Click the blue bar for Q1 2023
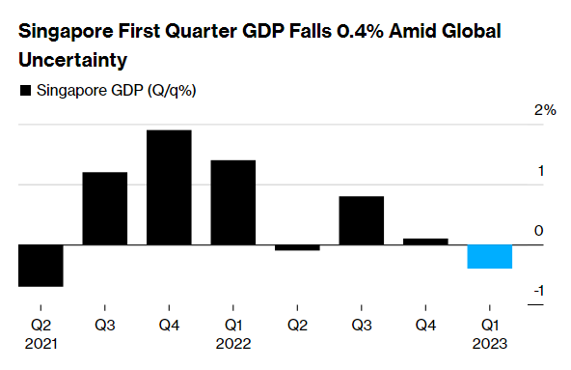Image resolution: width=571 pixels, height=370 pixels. click(490, 256)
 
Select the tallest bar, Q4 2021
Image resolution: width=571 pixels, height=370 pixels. click(169, 187)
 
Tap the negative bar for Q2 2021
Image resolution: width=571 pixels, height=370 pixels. click(41, 266)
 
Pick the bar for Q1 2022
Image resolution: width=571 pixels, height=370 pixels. click(232, 202)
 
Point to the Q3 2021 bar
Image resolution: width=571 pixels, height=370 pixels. click(104, 209)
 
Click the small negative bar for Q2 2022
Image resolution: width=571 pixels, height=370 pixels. click(297, 248)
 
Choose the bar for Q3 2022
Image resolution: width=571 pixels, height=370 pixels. click(361, 220)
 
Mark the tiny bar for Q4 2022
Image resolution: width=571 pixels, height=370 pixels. click(425, 242)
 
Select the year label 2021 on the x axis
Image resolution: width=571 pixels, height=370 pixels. click(41, 342)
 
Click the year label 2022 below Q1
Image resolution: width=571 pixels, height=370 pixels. click(232, 342)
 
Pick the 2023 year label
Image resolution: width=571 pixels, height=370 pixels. click(490, 342)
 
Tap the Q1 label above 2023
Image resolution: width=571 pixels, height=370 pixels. click(490, 325)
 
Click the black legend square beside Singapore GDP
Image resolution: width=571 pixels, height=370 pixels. click(24, 92)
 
